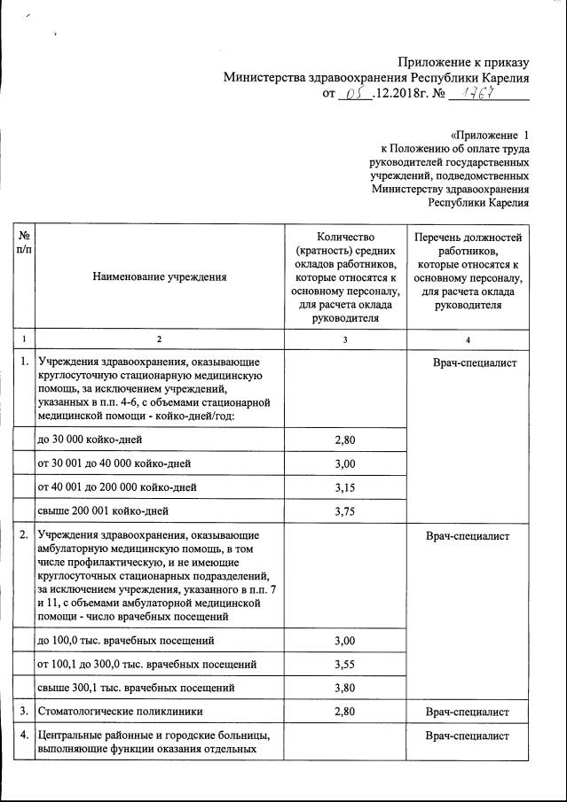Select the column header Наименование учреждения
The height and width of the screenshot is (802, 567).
(159, 277)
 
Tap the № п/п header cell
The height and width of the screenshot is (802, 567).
(24, 244)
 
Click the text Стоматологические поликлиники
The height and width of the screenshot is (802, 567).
(120, 712)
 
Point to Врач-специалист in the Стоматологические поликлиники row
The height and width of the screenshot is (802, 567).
(467, 712)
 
